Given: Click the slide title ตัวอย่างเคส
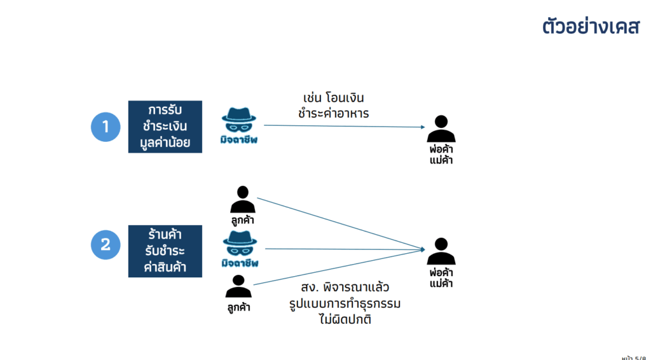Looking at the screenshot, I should point(591,27).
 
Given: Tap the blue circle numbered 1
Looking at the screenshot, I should point(106,127).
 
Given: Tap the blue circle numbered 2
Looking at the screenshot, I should point(106,244).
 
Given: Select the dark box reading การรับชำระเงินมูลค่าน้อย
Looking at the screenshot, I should point(165,127).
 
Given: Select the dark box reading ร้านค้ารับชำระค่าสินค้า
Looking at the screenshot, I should point(165,251).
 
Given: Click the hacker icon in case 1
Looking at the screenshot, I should point(239,119).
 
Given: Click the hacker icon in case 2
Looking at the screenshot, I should point(240,242).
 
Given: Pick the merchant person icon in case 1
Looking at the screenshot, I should point(441,129).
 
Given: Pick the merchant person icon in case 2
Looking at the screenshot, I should point(441,251).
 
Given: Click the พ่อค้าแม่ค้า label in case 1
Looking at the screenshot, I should point(441,155).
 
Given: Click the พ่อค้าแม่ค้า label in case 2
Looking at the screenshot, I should point(441,278).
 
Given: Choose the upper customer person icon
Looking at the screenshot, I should point(242,199).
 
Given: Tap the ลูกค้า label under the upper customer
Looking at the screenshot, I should point(242,221).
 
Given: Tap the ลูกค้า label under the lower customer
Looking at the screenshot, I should point(238,308).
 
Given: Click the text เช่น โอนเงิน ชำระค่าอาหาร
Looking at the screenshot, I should point(333,106).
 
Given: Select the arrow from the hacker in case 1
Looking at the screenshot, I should point(343,126).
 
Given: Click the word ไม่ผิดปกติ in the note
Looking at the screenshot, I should point(345,319).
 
